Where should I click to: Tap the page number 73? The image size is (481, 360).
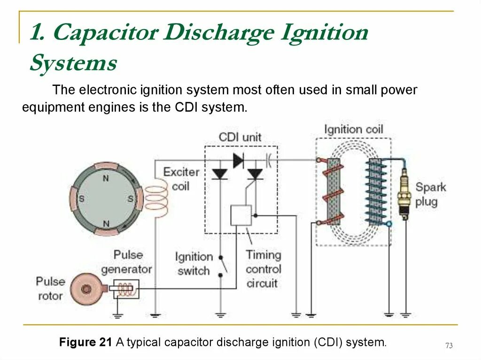[449, 346]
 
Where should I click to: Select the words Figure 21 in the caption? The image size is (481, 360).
[85, 342]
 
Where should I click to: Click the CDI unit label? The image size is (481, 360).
[240, 138]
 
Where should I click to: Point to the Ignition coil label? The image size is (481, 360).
[354, 130]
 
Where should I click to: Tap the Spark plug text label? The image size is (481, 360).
[430, 195]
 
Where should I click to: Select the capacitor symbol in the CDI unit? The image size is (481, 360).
[269, 161]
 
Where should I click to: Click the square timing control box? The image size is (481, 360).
[241, 215]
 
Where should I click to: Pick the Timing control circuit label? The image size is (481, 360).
[264, 269]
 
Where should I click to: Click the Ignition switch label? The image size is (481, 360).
[193, 264]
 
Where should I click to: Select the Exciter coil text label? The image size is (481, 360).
[181, 179]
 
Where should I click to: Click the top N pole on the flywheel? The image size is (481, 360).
[106, 178]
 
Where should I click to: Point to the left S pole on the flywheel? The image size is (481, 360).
[81, 199]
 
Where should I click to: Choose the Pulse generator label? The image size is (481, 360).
[126, 262]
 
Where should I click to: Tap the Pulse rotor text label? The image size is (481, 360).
[50, 289]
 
